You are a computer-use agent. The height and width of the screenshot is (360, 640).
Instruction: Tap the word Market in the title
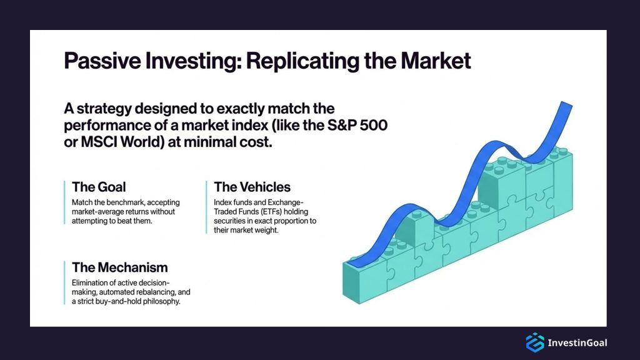(x=436, y=62)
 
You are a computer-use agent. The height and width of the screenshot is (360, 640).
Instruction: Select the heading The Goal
(x=99, y=187)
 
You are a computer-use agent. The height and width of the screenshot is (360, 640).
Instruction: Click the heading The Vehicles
(x=252, y=187)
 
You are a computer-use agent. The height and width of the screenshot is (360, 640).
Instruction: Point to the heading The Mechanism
(x=120, y=267)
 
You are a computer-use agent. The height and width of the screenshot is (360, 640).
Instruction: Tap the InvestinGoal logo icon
(x=534, y=342)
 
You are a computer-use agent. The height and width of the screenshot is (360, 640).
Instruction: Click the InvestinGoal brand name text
(x=577, y=342)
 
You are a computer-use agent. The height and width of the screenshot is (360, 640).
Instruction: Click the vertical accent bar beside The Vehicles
(x=206, y=207)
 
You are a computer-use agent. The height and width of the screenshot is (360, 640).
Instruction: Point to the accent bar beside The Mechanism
(x=64, y=283)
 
